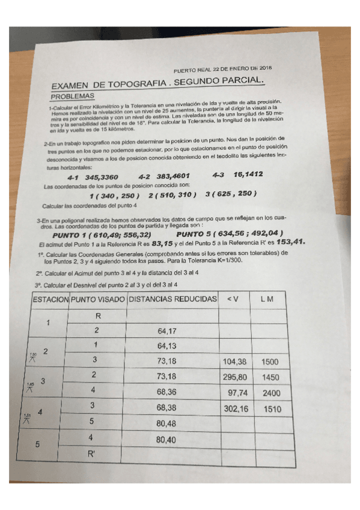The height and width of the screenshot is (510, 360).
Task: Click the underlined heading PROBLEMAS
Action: (72, 96)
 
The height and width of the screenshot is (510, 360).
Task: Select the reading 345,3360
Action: (102, 177)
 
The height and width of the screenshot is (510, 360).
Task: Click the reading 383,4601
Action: (173, 177)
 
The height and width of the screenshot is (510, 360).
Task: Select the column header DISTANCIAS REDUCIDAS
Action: (173, 299)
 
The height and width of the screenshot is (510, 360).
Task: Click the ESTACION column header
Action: (50, 299)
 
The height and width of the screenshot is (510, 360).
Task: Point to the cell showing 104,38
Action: (234, 362)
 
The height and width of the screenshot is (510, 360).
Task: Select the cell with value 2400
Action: (272, 393)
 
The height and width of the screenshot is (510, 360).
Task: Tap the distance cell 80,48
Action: (166, 424)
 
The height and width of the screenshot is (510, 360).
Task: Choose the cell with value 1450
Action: (270, 377)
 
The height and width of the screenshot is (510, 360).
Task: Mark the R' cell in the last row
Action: (91, 455)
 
